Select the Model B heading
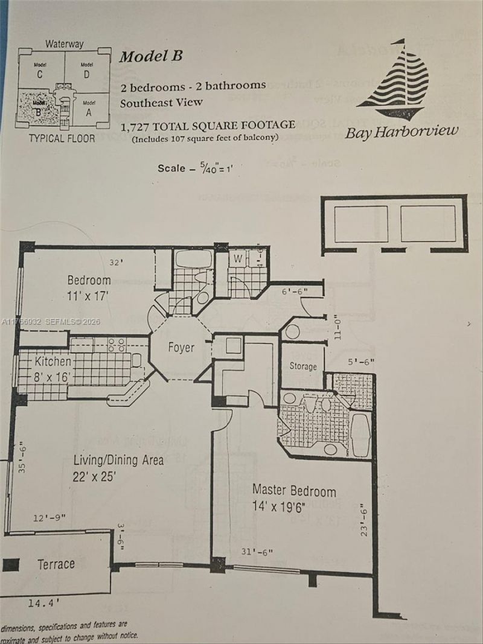(150, 57)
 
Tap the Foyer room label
(181, 348)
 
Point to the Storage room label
(303, 366)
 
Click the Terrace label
(56, 564)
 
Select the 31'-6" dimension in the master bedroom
(256, 552)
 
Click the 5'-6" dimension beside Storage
(361, 362)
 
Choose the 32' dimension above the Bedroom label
(116, 262)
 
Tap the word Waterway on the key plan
(64, 44)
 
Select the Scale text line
(191, 168)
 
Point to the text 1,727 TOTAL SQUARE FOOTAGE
(208, 126)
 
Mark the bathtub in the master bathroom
(361, 434)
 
